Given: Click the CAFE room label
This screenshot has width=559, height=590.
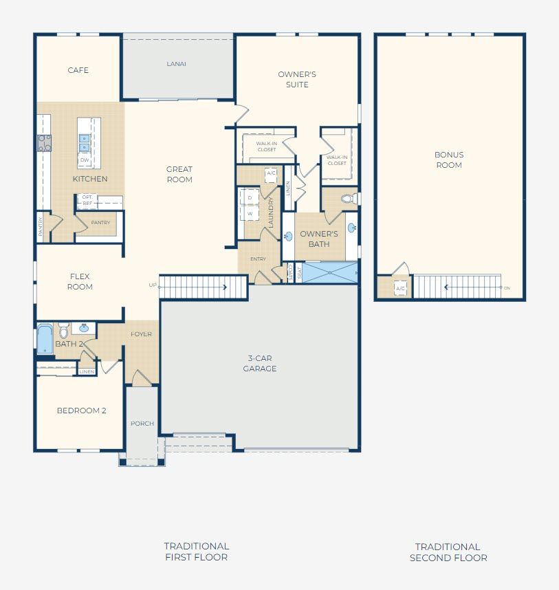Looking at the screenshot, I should click(x=78, y=70).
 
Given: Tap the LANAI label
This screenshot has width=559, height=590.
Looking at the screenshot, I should click(x=177, y=64).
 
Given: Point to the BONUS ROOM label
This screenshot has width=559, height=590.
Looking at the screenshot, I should click(x=448, y=160).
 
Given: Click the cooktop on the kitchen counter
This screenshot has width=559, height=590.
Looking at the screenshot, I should click(x=44, y=143).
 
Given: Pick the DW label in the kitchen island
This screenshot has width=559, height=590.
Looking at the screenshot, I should click(x=85, y=160).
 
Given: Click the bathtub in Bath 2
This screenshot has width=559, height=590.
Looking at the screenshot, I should click(x=45, y=338).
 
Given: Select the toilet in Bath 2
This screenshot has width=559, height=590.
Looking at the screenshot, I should click(x=63, y=331).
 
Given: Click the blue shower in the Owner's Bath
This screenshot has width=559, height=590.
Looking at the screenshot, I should click(x=330, y=272).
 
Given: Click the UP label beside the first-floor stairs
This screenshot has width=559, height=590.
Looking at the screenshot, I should click(x=153, y=285).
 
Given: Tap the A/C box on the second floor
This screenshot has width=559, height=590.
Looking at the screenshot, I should click(x=400, y=288).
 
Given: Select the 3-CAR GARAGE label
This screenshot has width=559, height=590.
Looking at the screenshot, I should click(x=260, y=363).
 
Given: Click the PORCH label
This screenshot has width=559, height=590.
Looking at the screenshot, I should click(x=142, y=424).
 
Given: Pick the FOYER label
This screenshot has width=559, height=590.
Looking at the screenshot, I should click(x=142, y=334).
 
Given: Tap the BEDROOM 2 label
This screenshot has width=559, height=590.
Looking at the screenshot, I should click(x=81, y=411).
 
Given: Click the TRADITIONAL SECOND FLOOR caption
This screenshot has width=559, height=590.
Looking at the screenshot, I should click(x=448, y=552).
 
